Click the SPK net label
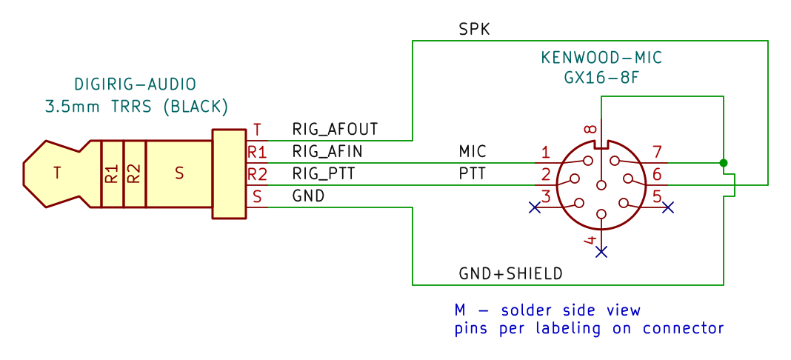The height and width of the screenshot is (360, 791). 474,29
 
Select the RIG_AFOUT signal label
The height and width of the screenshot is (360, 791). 335,129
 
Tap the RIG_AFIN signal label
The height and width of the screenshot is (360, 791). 327,151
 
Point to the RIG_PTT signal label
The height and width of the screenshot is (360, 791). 324,174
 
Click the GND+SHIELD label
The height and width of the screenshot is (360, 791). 510,274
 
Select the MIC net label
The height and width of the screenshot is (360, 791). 473,151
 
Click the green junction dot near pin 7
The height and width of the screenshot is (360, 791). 724,163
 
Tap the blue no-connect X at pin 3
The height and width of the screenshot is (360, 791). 534,207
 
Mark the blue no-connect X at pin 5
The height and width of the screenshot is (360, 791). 668,207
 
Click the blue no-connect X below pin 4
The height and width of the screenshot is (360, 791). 601,252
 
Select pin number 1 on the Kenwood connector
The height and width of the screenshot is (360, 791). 545,152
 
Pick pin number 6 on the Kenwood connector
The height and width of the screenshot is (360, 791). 657,175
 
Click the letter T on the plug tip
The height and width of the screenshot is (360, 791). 58,173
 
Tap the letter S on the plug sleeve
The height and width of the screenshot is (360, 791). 179,173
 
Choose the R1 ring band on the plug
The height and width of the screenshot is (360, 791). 112,174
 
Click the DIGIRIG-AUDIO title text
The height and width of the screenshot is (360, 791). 136,84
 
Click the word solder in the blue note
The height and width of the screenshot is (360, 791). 525,310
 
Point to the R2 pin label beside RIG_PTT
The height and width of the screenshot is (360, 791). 257,175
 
